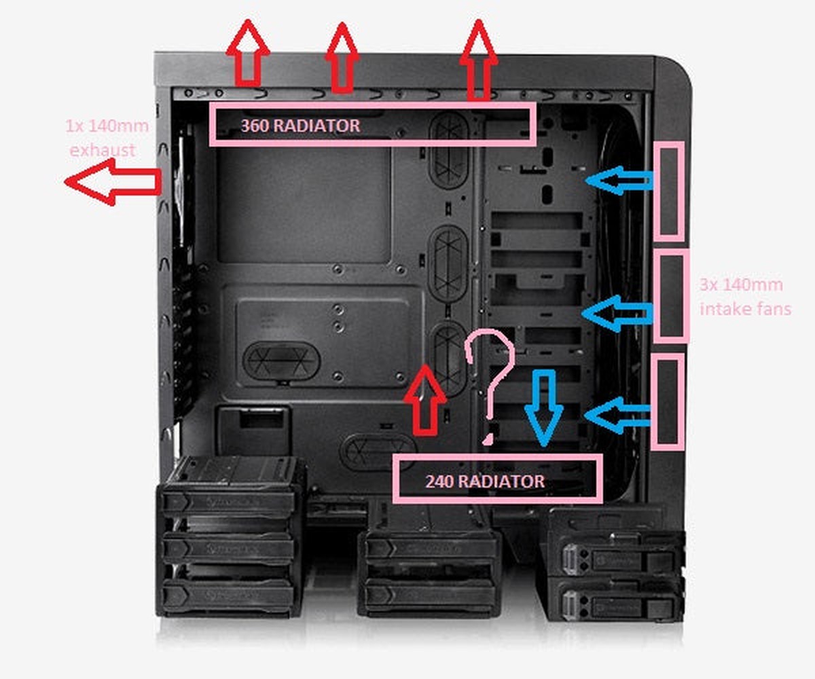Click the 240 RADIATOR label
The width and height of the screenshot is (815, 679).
point(485,481)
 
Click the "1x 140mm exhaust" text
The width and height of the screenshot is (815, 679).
point(107,138)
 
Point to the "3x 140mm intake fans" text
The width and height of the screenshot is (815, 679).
point(744,297)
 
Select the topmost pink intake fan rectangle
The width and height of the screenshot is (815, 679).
point(668,190)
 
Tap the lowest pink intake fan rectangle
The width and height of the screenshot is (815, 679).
point(667,401)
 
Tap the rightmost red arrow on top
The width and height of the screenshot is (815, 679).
point(479,60)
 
